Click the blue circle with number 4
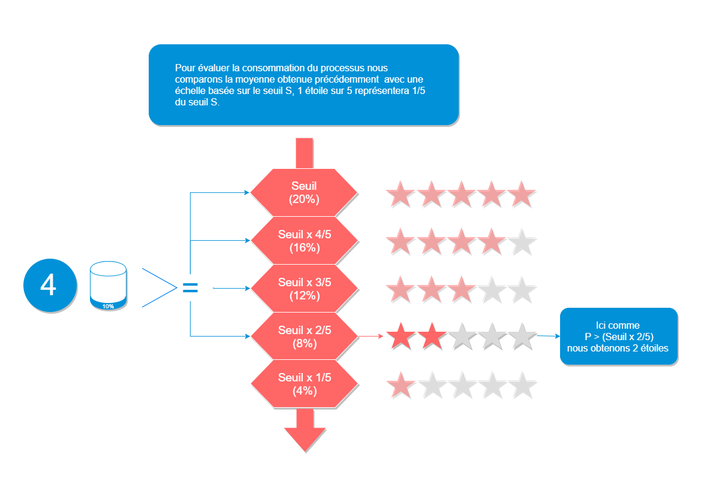50,286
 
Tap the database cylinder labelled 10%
108,286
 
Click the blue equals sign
190,289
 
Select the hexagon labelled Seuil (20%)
304,193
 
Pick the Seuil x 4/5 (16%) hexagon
304,241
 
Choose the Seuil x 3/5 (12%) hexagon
304,289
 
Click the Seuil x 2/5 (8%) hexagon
304,337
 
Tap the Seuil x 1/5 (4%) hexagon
304,384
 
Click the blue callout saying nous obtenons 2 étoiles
618,337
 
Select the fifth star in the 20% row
522,194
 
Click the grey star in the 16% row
522,242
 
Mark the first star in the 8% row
401,337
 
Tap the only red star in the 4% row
401,385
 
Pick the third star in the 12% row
462,290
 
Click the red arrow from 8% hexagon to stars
371,337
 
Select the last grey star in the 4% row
522,385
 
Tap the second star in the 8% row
431,337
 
